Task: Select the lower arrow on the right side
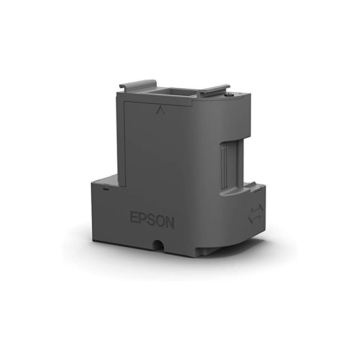tap(255, 219)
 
